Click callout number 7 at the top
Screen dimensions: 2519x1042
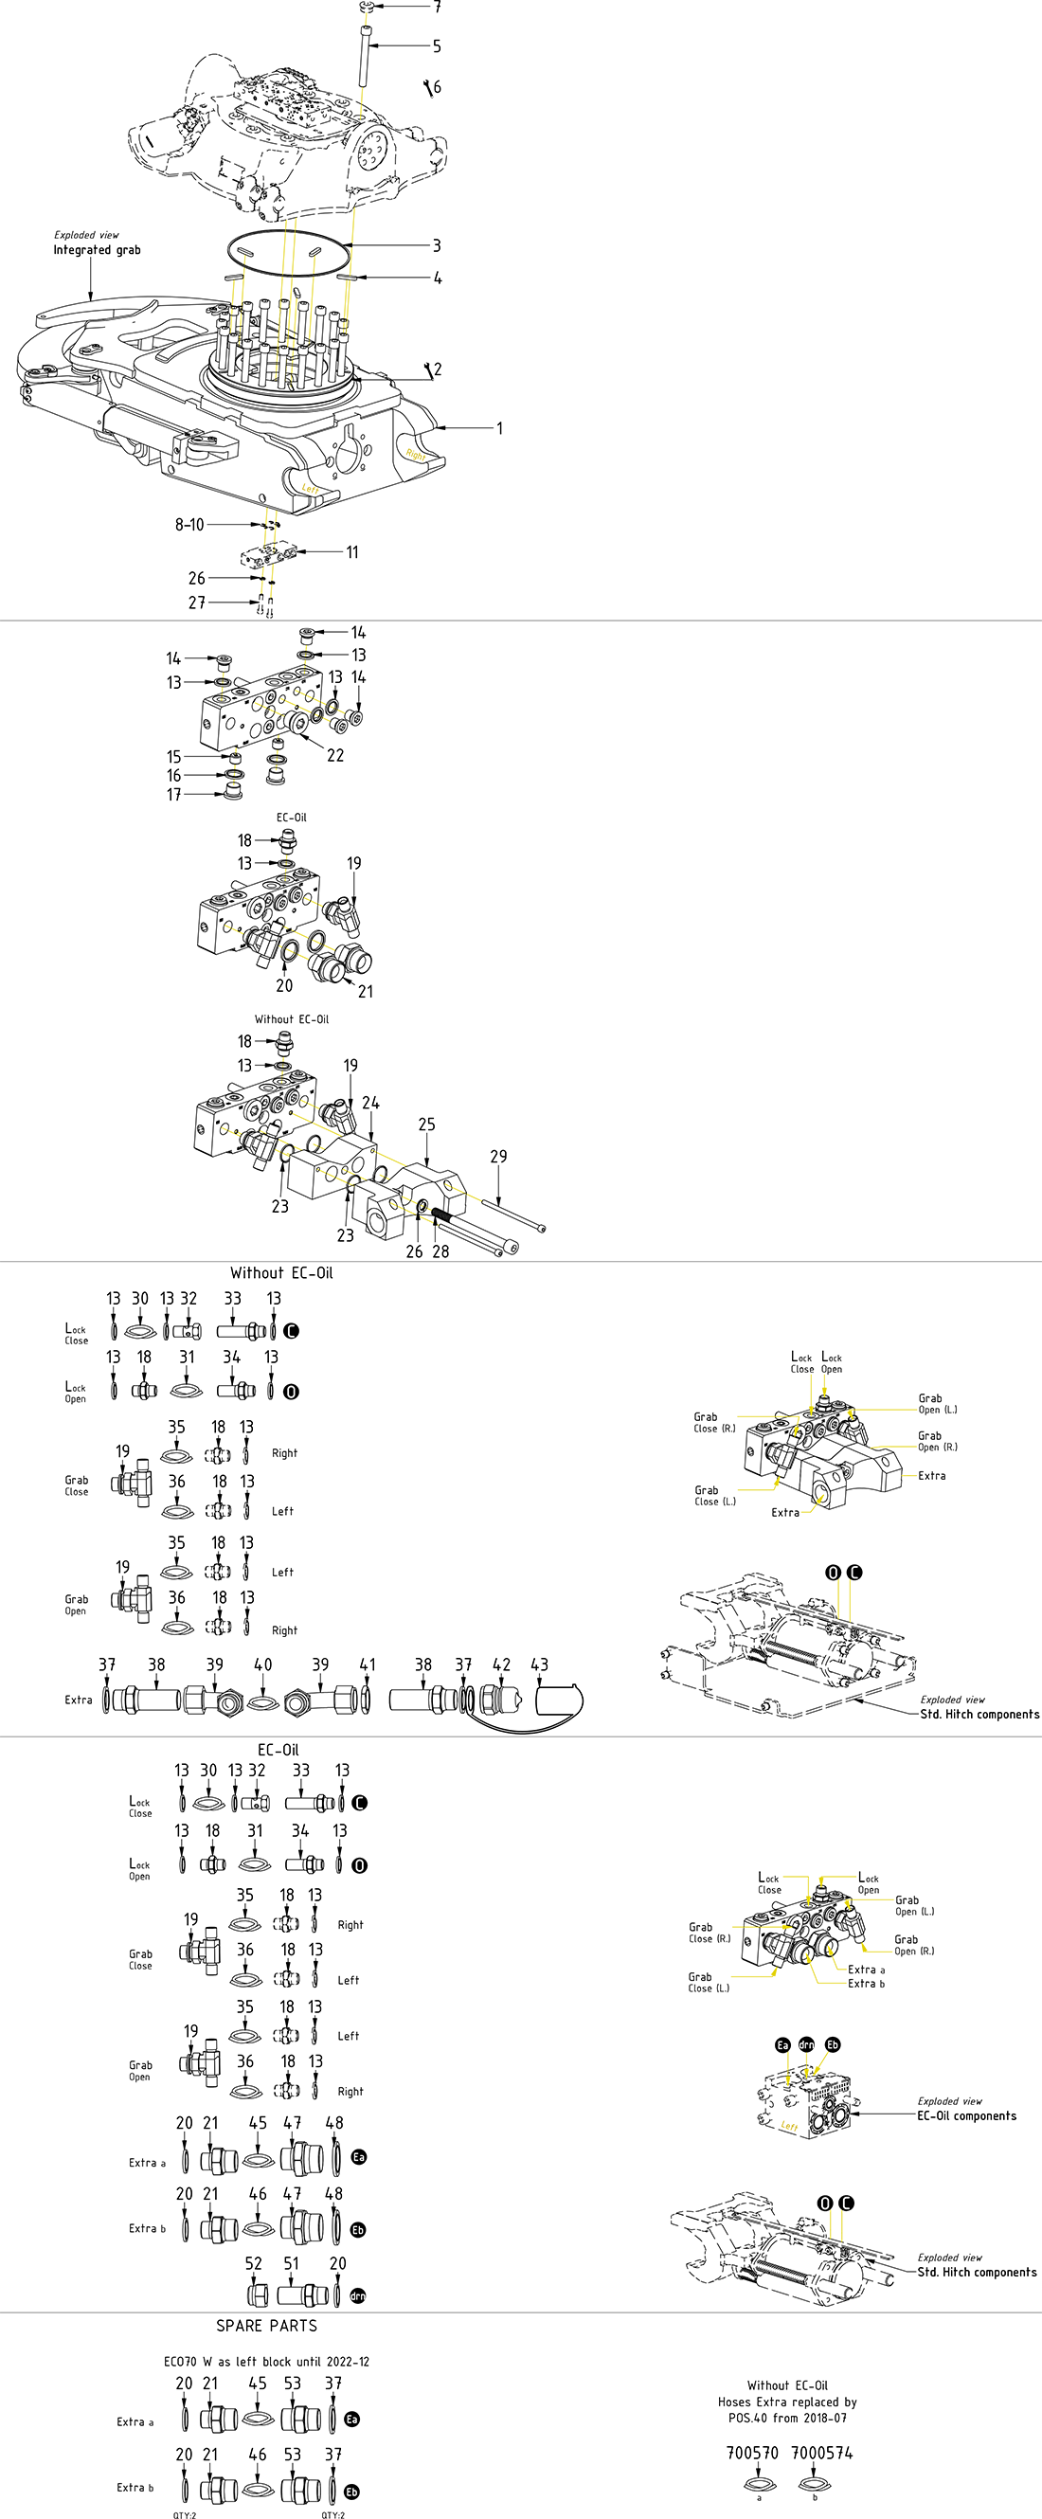[x=437, y=7]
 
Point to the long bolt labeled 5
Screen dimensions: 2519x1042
[x=364, y=59]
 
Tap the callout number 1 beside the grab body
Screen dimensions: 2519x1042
[x=499, y=428]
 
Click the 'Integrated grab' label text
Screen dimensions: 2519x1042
[x=97, y=250]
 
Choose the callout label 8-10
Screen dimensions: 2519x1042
[x=189, y=525]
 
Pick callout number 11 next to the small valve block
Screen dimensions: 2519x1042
[x=351, y=552]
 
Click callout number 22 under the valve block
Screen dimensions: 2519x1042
[x=335, y=755]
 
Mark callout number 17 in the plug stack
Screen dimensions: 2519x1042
[x=174, y=795]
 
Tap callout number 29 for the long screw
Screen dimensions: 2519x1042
[x=498, y=1157]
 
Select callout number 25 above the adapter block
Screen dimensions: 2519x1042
[x=427, y=1125]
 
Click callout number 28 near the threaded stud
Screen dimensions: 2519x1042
[x=440, y=1251]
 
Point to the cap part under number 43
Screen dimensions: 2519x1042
[x=559, y=1700]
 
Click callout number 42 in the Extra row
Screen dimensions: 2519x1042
[x=501, y=1664]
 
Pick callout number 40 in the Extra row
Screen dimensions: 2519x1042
[x=263, y=1664]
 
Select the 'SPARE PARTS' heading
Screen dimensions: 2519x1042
[x=267, y=2326]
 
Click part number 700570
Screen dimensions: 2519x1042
[x=752, y=2453]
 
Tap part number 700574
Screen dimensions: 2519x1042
[x=821, y=2453]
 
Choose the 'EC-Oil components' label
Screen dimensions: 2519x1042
[x=966, y=2115]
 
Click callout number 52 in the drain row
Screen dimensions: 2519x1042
[x=253, y=2263]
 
